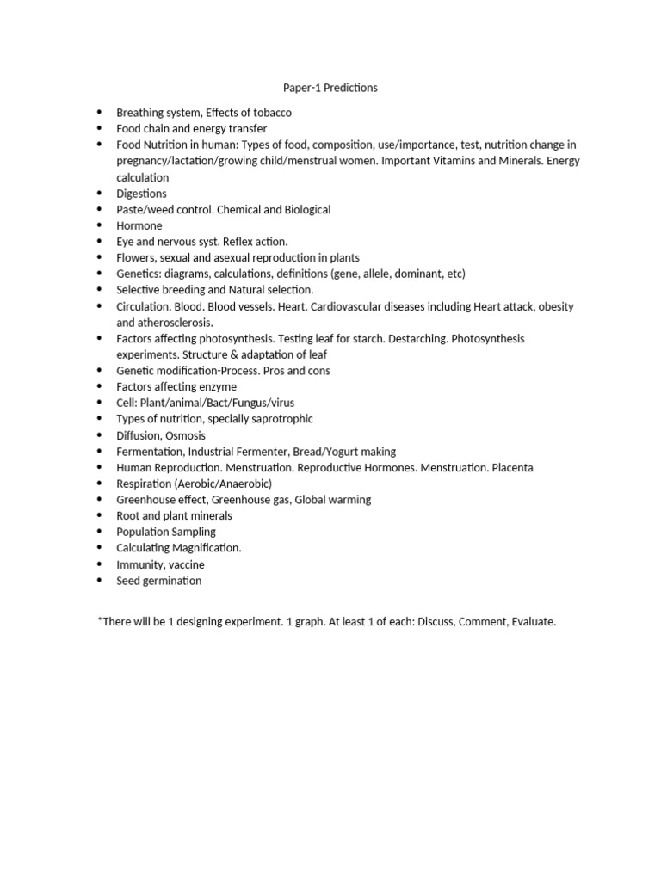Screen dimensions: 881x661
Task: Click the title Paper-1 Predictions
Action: coord(330,88)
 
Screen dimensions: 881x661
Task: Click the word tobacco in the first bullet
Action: coord(271,113)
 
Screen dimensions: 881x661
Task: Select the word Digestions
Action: coord(142,194)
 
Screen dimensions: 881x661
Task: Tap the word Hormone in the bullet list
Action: coord(139,225)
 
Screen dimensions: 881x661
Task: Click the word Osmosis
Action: coord(185,435)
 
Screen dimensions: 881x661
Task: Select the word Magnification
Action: coord(205,548)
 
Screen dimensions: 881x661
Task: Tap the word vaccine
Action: coord(185,564)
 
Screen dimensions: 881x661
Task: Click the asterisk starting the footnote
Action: coord(101,619)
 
